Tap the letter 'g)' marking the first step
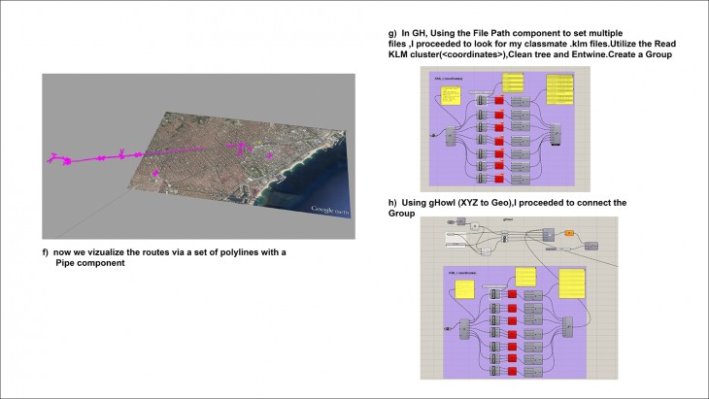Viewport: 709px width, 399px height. [x=390, y=33]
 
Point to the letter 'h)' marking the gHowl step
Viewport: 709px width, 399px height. [x=391, y=202]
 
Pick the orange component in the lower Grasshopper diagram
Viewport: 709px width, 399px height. [x=570, y=233]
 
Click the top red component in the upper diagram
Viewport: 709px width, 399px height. [x=499, y=101]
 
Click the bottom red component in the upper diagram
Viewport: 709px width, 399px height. [x=499, y=179]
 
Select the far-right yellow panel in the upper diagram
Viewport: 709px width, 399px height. [x=560, y=91]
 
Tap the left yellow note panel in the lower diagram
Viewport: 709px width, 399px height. [x=464, y=288]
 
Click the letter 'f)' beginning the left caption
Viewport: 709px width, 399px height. [x=45, y=252]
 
